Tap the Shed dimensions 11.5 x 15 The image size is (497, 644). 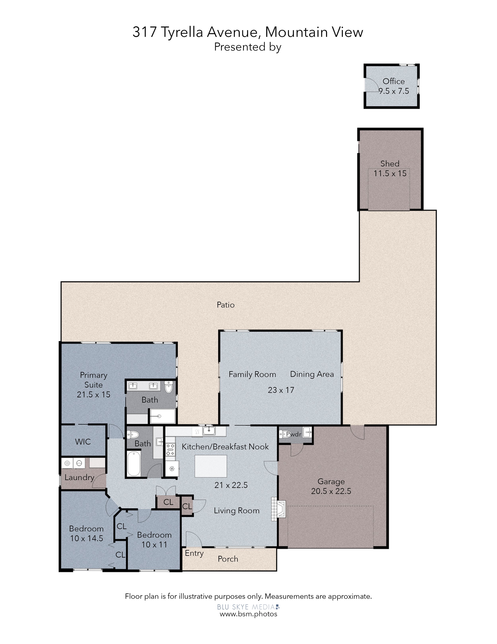(390, 173)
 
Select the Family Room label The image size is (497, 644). (252, 374)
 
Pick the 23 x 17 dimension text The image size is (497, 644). (281, 390)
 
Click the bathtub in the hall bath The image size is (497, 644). (134, 463)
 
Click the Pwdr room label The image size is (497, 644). (294, 434)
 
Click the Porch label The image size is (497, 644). (228, 559)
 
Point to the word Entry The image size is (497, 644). (194, 553)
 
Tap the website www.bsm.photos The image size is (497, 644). (248, 614)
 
